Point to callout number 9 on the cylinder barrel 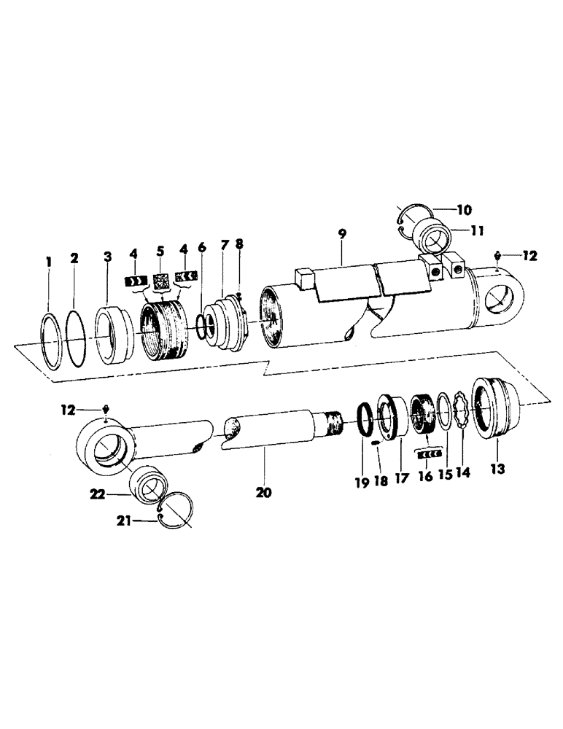343,234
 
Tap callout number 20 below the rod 263,493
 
